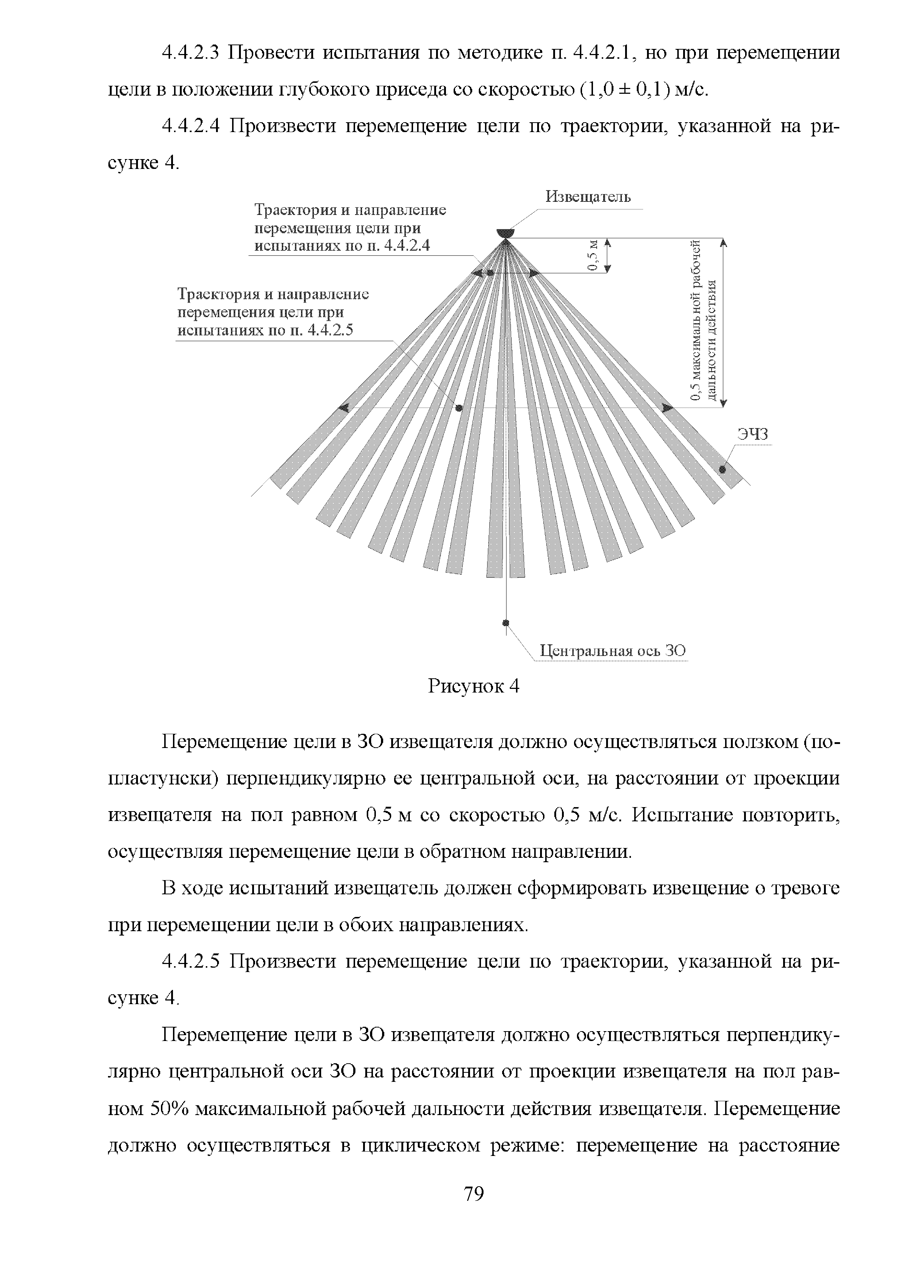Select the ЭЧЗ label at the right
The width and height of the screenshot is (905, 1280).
pos(753,434)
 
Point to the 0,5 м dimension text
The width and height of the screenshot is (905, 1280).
pos(593,255)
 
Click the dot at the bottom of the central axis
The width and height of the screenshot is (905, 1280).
pos(506,623)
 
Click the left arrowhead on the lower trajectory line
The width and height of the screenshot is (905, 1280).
pos(344,408)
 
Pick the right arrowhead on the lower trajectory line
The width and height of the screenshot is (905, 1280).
pos(667,408)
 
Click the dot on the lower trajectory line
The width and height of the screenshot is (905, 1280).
pos(459,408)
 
